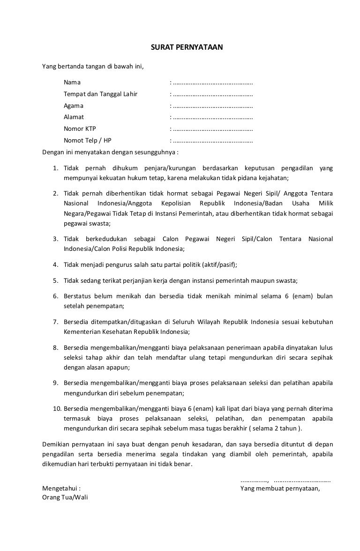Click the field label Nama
coord(72,83)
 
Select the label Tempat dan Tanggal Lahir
coord(100,94)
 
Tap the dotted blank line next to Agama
coord(213,106)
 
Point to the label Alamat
coord(74,117)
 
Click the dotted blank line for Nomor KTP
coord(213,129)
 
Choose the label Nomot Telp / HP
coord(88,140)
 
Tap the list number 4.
coord(54,264)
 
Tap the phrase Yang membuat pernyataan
coord(279,488)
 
